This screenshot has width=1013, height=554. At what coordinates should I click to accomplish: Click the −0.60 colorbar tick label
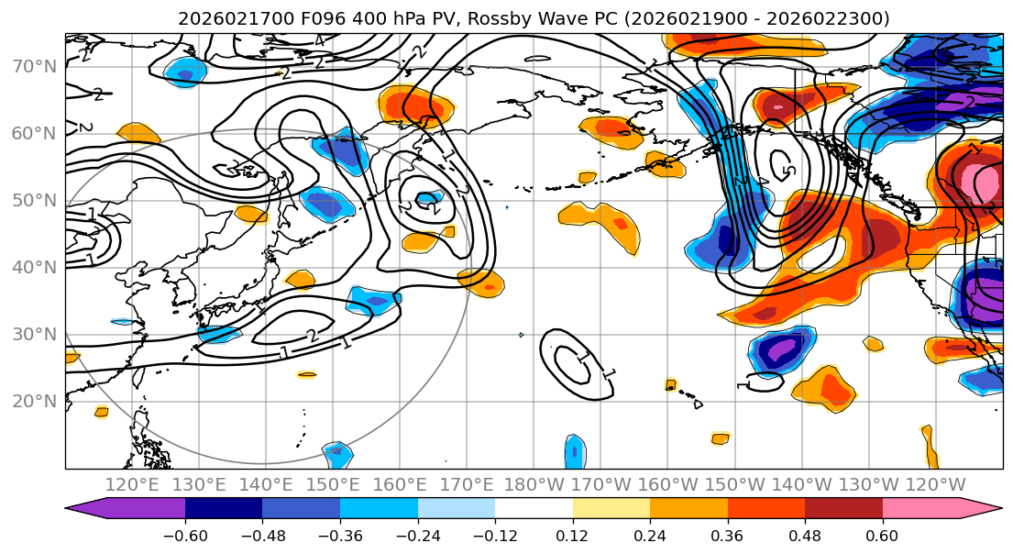click(184, 535)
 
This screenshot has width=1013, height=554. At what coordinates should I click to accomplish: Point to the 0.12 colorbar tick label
click(572, 535)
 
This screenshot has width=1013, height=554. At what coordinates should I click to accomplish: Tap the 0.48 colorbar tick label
click(804, 535)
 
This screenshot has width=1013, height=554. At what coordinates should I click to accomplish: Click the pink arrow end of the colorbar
click(985, 510)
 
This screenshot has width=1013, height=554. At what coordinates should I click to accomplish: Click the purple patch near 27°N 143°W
click(782, 349)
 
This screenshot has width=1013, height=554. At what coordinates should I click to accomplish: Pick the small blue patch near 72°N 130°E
click(184, 69)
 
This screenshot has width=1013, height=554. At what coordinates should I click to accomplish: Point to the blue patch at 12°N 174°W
click(574, 451)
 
